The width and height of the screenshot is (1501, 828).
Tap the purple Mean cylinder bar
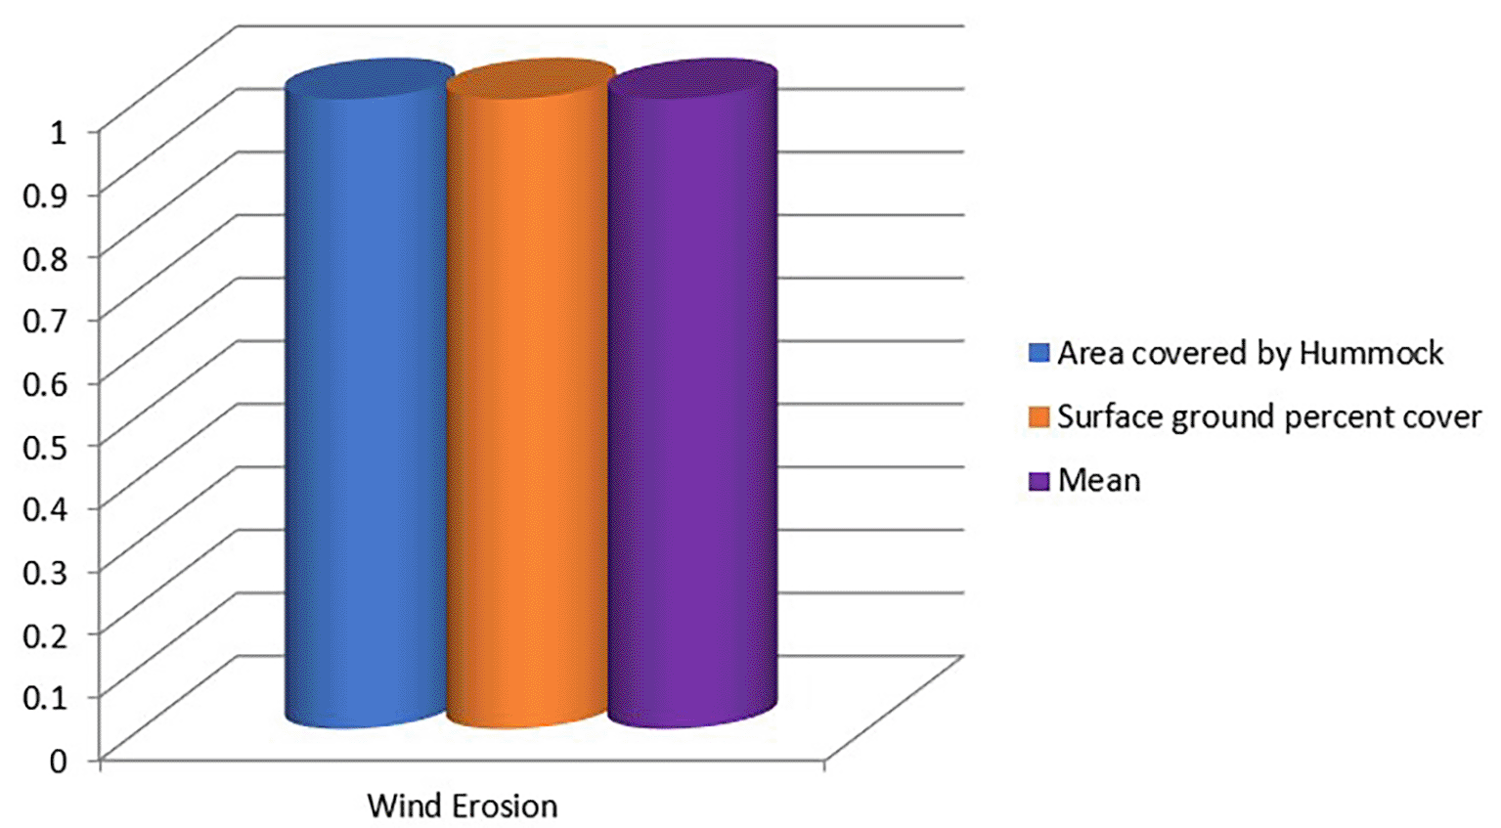(x=693, y=394)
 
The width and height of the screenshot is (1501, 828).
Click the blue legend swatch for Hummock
(x=1038, y=353)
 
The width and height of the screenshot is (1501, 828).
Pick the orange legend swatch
(x=1038, y=416)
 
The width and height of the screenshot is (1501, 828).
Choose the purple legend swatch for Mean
(x=1038, y=480)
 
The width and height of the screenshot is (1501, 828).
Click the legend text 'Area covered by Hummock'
(x=1251, y=354)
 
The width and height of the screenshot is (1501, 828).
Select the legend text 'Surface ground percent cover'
(x=1269, y=417)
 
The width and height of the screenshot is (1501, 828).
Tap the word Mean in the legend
(x=1099, y=480)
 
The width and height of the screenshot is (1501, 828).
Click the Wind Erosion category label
(x=463, y=806)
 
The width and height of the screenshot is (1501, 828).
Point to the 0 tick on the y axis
(x=59, y=762)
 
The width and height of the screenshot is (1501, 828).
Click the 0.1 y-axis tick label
(x=45, y=698)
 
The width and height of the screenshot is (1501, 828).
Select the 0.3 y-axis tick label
(x=45, y=572)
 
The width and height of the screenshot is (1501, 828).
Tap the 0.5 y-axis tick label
(x=45, y=447)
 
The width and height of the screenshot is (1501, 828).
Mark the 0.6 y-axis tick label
(x=45, y=384)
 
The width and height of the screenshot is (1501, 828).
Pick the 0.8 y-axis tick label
(x=45, y=259)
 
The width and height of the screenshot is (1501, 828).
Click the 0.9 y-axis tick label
(x=45, y=196)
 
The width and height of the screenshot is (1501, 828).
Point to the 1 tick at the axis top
(x=59, y=133)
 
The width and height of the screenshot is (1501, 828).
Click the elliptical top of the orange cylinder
(x=531, y=80)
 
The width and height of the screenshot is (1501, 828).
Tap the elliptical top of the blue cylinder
(x=370, y=80)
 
